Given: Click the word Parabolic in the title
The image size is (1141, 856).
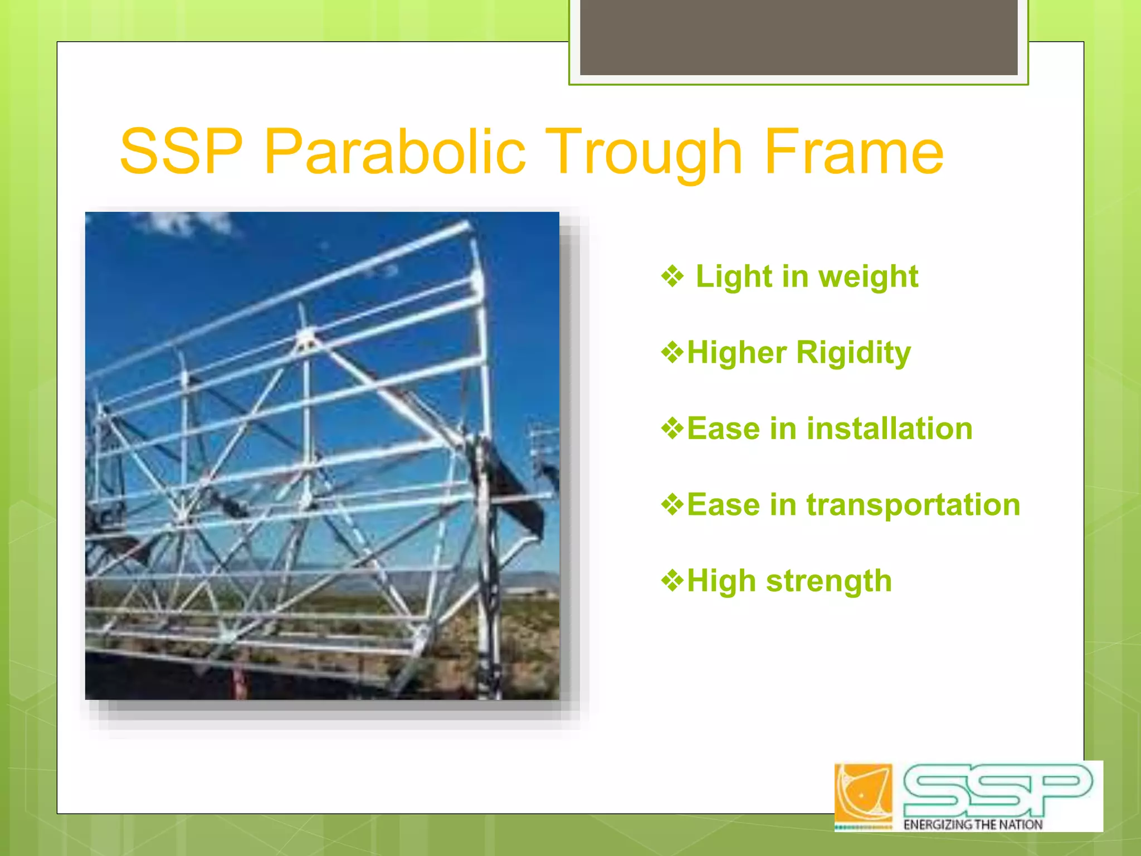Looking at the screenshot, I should click(394, 152).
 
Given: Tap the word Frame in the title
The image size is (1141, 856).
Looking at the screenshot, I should click(854, 152).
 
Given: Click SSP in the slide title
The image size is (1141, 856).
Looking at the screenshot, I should click(182, 152).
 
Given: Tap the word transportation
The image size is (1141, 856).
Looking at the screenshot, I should click(913, 505).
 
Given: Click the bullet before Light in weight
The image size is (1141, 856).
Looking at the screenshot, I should click(672, 276).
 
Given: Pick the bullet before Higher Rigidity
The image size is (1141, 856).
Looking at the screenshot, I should click(672, 352).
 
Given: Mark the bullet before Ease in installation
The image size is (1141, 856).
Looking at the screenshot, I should click(672, 429).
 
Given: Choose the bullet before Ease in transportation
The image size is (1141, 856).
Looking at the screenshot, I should click(672, 504).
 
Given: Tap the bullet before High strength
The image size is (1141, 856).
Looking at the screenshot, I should click(672, 581).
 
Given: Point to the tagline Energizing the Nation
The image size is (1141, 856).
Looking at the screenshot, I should click(972, 824).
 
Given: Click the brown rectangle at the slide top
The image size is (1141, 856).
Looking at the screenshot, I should click(798, 37).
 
